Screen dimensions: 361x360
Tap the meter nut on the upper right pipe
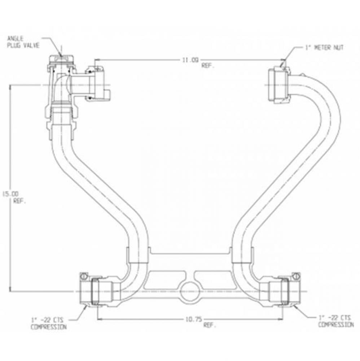[278, 85]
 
